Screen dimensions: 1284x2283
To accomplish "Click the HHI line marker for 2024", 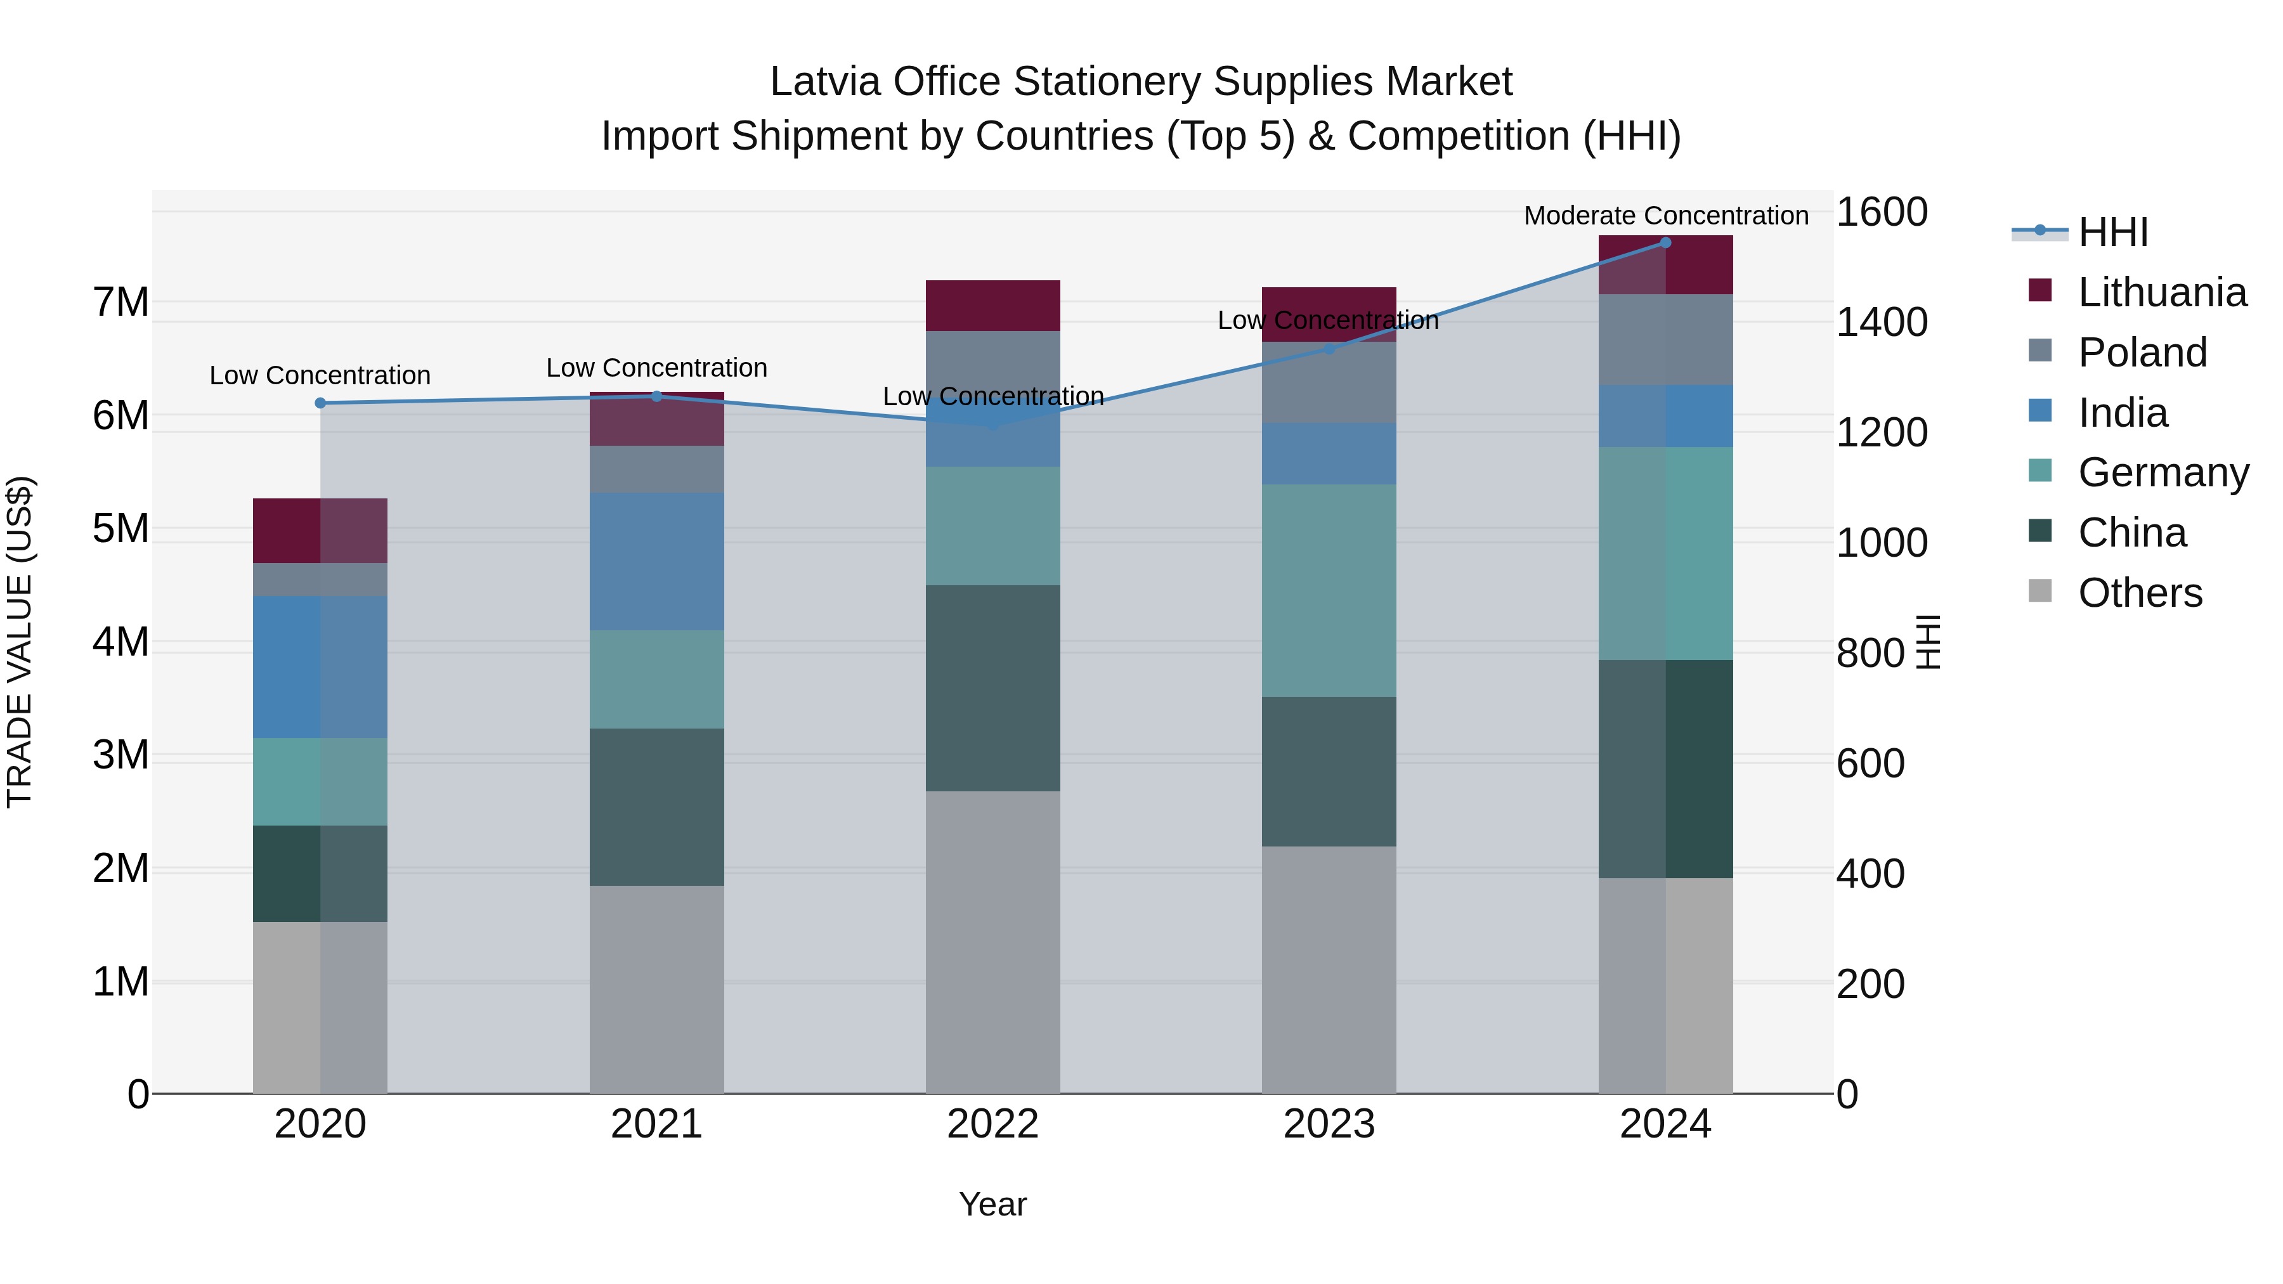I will pyautogui.click(x=1665, y=243).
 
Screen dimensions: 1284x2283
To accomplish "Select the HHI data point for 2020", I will pyautogui.click(x=321, y=403).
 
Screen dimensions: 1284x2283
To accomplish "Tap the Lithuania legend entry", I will pyautogui.click(x=2162, y=292).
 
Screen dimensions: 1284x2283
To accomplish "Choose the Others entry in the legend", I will pyautogui.click(x=2140, y=593).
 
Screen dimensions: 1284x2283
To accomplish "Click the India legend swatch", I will pyautogui.click(x=2040, y=411).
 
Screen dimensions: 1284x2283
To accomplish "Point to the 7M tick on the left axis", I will pyautogui.click(x=120, y=302).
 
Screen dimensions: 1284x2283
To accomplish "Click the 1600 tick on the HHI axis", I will pyautogui.click(x=1882, y=212).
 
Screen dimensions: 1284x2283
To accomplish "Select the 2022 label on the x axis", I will pyautogui.click(x=992, y=1124).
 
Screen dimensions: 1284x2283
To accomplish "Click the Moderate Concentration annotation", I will pyautogui.click(x=1666, y=216).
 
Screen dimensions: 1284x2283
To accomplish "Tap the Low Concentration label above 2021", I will pyautogui.click(x=657, y=368).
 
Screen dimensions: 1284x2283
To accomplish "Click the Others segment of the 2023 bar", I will pyautogui.click(x=1329, y=969).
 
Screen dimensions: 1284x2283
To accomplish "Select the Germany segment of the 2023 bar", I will pyautogui.click(x=1329, y=590).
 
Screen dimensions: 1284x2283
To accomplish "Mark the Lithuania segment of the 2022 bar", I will pyautogui.click(x=992, y=306).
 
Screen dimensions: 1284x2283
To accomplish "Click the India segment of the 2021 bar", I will pyautogui.click(x=657, y=561).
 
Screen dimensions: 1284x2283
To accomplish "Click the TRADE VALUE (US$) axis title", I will pyautogui.click(x=20, y=642).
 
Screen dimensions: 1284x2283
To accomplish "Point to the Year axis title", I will pyautogui.click(x=992, y=1204).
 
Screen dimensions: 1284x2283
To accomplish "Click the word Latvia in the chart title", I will pyautogui.click(x=825, y=82).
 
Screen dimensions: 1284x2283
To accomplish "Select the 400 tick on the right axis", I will pyautogui.click(x=1870, y=874).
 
